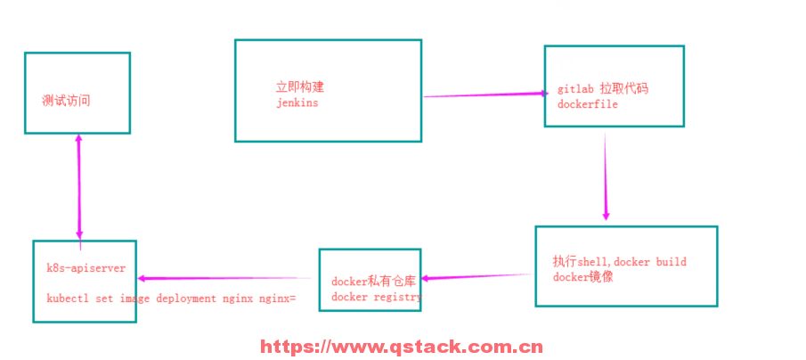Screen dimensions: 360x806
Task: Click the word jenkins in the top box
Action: point(297,103)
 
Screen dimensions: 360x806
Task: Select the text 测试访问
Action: point(66,101)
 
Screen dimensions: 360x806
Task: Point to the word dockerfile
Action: point(588,104)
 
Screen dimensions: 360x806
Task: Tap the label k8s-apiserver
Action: point(86,267)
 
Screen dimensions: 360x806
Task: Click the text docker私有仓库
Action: point(373,282)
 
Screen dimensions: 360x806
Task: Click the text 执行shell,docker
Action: point(602,262)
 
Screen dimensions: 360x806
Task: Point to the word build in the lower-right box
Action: point(672,262)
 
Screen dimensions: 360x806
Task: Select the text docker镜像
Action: point(582,277)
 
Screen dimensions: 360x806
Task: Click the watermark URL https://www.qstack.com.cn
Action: point(401,348)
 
